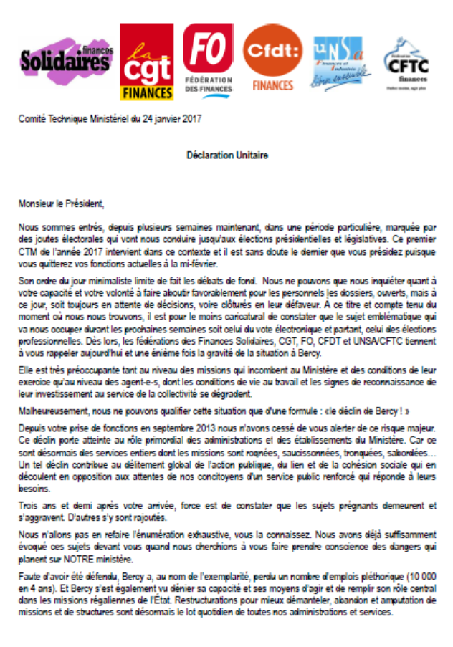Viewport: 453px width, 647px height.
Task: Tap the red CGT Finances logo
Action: (146, 62)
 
